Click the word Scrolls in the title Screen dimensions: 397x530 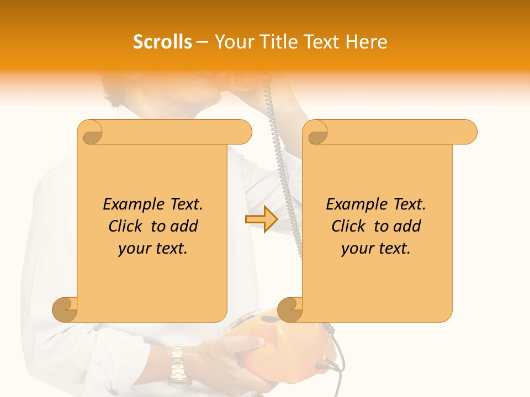coord(162,42)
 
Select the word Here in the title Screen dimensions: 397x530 coord(367,42)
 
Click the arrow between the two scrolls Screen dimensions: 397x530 coord(261,219)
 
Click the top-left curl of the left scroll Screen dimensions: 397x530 coord(91,132)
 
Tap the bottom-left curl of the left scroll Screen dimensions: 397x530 coord(65,309)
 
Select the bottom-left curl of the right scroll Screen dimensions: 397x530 coord(290,309)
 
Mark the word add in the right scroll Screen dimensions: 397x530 coord(407,226)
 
